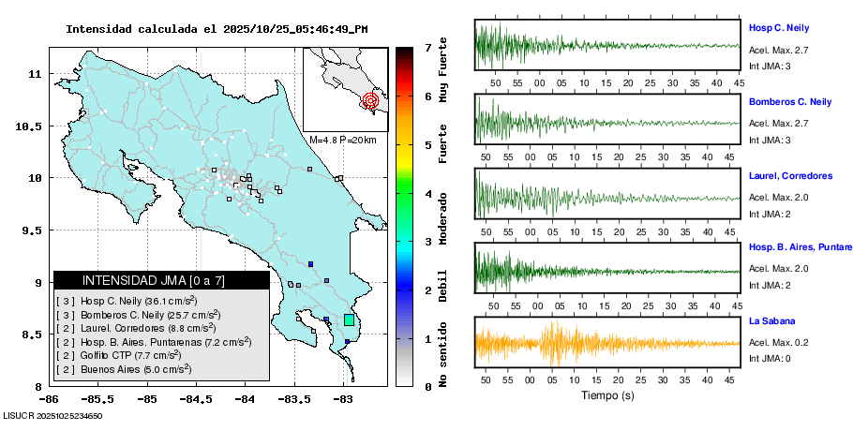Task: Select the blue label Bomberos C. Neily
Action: (790, 101)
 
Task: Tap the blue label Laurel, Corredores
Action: (790, 175)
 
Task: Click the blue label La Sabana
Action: (771, 321)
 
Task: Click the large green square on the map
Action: (349, 320)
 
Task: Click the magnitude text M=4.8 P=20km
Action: (342, 140)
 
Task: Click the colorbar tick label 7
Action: (426, 47)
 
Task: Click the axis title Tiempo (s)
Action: (608, 395)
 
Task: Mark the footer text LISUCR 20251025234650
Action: (52, 415)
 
